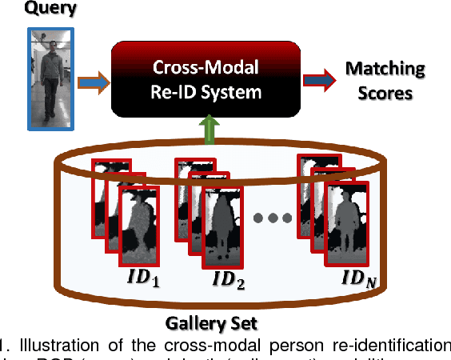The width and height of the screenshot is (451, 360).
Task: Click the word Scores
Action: click(385, 93)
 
